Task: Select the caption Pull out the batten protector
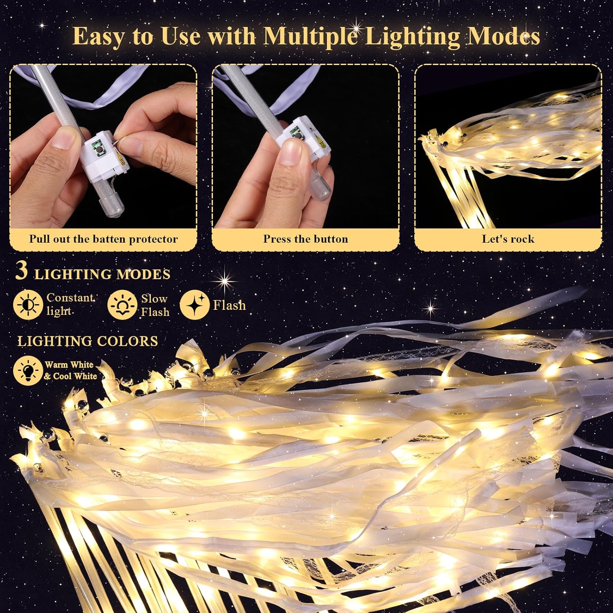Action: tap(103, 239)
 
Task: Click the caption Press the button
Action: tap(305, 239)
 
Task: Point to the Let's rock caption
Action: tap(508, 239)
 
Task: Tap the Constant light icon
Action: tap(28, 305)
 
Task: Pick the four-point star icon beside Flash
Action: tap(195, 305)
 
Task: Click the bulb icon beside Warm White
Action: tap(28, 371)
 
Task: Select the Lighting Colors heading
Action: tap(87, 341)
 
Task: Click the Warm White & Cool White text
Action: tap(71, 370)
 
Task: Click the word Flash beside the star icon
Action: tap(229, 305)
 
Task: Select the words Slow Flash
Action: tap(154, 305)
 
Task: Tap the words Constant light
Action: tap(69, 304)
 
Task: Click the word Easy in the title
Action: tap(98, 36)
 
